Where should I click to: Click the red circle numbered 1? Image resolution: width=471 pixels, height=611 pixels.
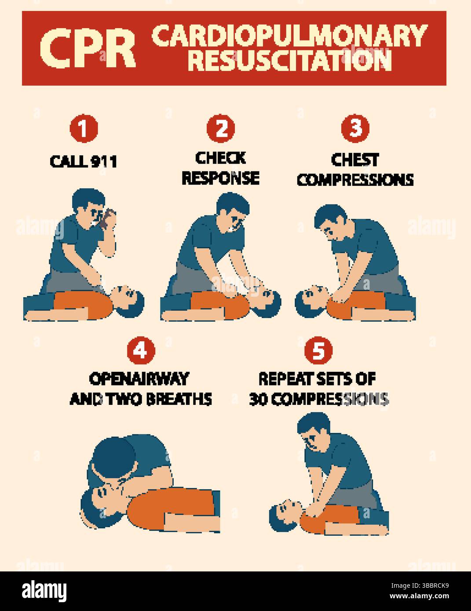84,129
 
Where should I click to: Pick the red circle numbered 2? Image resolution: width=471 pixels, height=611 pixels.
221,129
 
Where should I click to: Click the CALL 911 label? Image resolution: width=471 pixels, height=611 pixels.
84,161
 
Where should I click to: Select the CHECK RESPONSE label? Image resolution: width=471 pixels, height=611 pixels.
220,168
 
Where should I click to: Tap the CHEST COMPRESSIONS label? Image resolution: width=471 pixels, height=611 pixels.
355,169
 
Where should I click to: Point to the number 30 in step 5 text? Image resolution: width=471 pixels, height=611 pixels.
258,399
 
